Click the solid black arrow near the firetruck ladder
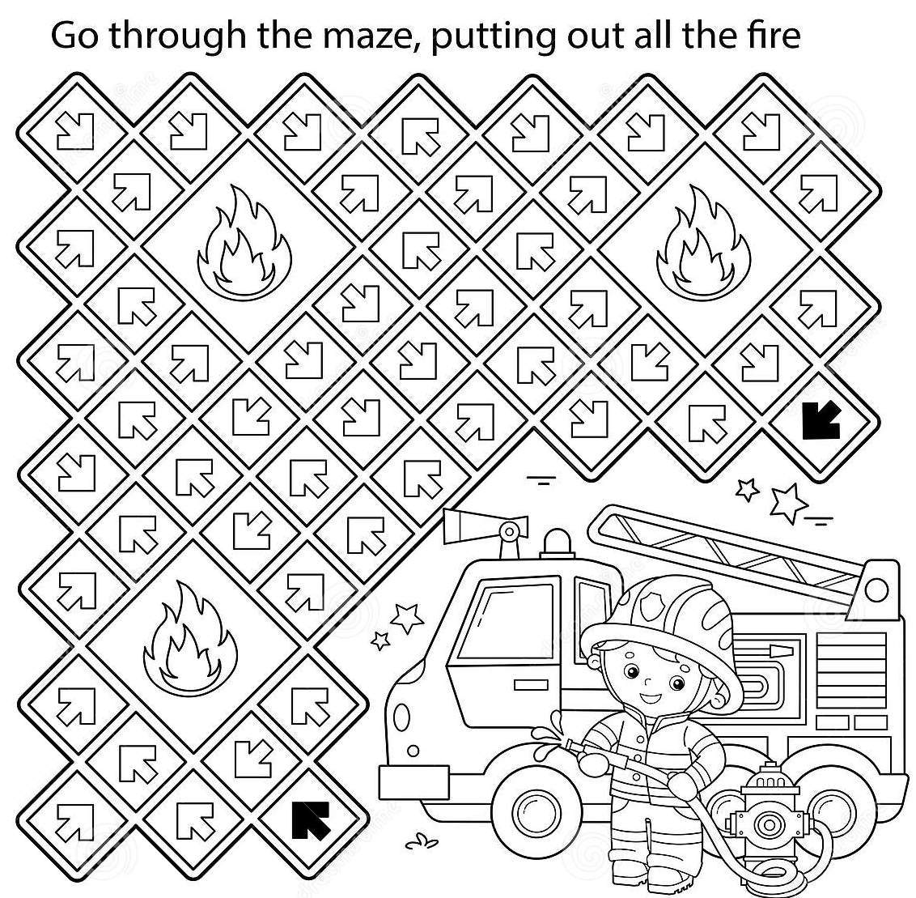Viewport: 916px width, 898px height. pos(821,419)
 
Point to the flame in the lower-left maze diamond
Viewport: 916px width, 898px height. pos(190,637)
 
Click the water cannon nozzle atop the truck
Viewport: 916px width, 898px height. pos(485,524)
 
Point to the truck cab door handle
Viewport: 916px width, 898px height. pos(531,685)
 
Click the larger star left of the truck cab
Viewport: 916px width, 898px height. pos(406,617)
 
